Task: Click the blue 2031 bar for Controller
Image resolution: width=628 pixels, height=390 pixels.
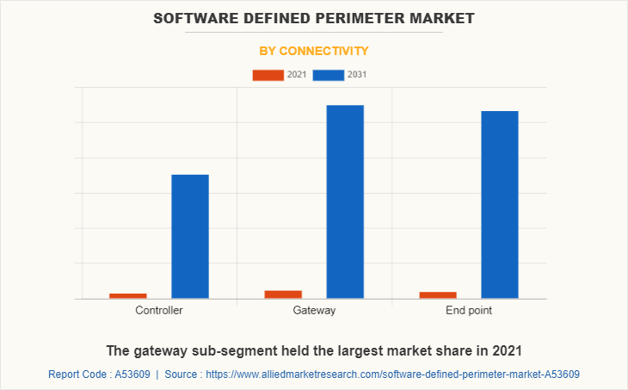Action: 190,237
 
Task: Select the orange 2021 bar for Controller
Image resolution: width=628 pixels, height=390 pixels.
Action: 128,295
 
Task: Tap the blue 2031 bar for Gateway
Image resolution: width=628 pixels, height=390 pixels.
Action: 345,201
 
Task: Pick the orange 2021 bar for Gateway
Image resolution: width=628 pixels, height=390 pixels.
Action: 283,294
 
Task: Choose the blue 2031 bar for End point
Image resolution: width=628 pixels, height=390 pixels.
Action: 500,205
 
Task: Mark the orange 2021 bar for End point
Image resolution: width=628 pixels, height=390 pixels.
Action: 438,295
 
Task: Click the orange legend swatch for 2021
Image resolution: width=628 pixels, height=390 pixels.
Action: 268,75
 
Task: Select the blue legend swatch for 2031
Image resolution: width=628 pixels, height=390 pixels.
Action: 329,75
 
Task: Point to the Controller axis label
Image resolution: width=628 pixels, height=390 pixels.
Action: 159,310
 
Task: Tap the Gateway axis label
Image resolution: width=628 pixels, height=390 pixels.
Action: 314,310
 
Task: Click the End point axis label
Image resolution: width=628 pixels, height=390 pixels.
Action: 469,310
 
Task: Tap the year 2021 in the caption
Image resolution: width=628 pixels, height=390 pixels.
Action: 506,350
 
